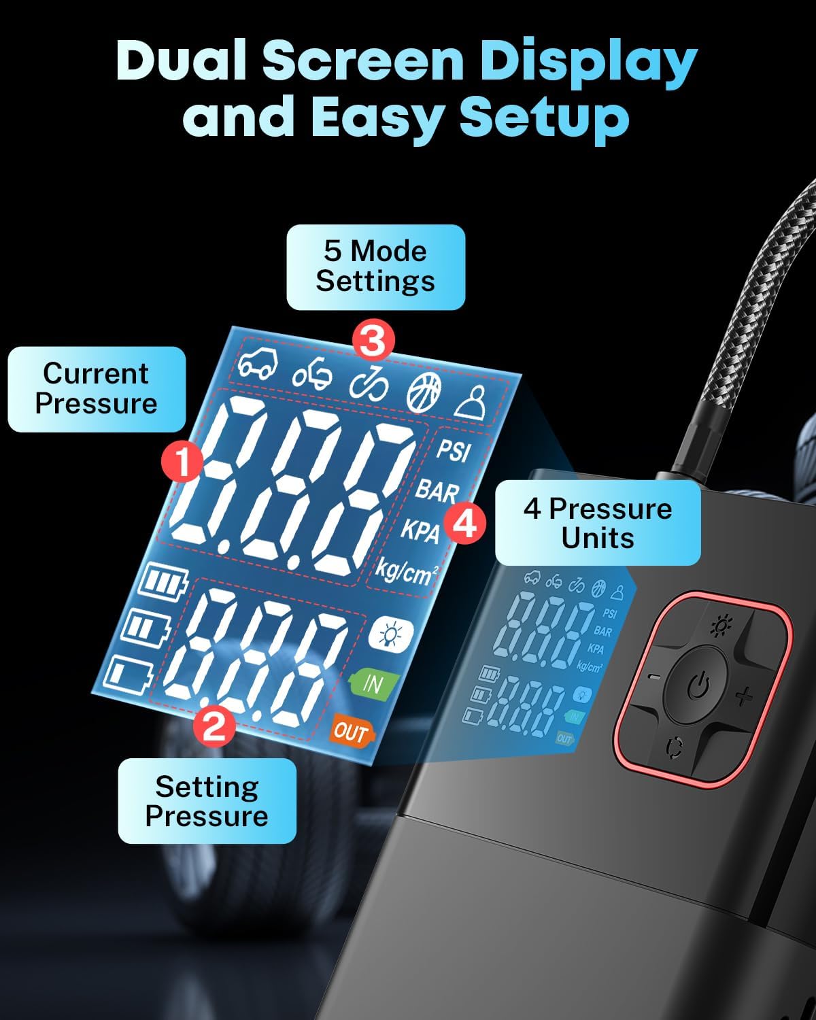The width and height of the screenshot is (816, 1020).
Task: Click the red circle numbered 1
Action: coord(182,464)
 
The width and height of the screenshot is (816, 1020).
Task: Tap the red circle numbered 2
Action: coord(214,726)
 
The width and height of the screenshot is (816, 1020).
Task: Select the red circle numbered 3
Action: coord(373,341)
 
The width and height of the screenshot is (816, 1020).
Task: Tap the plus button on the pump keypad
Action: coord(745,696)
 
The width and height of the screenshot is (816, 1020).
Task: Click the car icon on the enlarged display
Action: coord(258,365)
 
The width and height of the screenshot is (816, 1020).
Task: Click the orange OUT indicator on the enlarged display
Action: coord(351,732)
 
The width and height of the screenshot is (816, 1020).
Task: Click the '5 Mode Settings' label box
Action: coord(375,267)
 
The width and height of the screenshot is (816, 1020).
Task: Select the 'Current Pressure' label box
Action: coord(96,389)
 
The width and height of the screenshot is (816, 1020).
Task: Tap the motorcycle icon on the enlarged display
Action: coord(313,375)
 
